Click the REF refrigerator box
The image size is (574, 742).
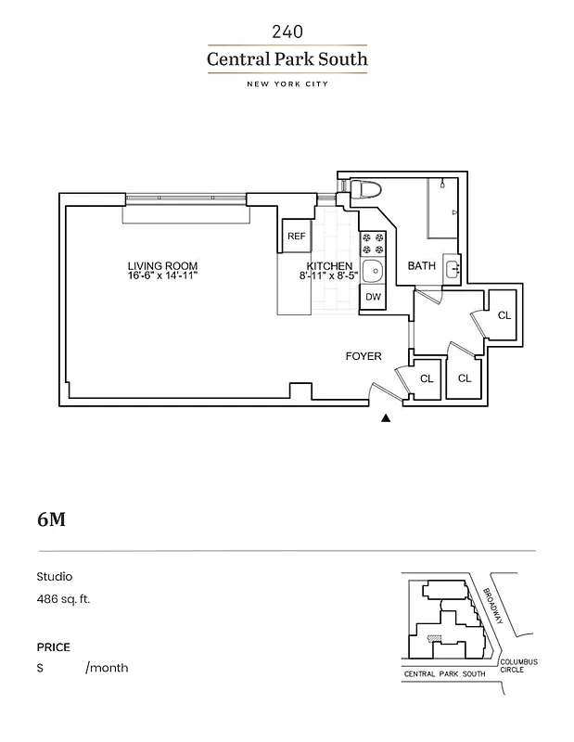click(296, 237)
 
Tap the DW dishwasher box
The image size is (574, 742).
click(373, 298)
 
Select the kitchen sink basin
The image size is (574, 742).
click(373, 271)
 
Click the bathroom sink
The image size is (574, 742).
click(452, 270)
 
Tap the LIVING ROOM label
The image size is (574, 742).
click(162, 266)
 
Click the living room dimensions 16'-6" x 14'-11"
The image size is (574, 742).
click(162, 276)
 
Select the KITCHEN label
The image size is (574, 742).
click(329, 266)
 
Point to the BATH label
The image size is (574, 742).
click(422, 266)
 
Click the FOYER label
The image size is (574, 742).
click(364, 355)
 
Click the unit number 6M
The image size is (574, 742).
click(51, 519)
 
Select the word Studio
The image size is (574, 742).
click(54, 576)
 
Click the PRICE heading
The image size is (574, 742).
click(53, 647)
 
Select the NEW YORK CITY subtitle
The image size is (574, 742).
click(287, 84)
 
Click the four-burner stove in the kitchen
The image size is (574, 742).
click(373, 243)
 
